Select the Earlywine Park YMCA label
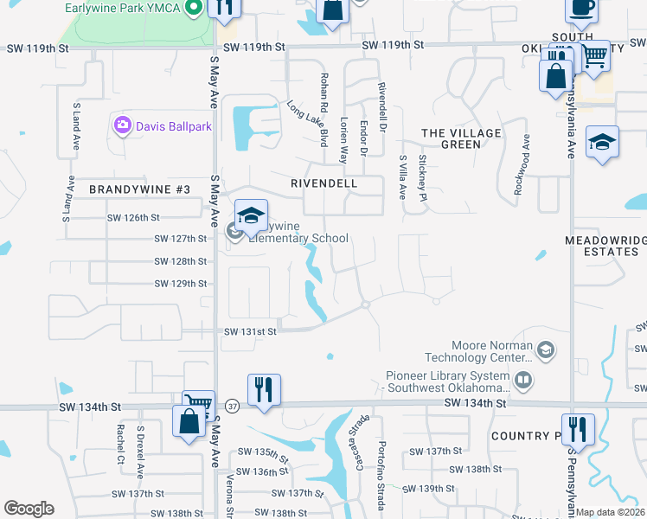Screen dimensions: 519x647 click(123, 9)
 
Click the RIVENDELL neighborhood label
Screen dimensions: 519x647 click(336, 184)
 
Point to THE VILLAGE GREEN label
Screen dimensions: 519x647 click(461, 138)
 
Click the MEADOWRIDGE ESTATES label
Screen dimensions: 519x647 click(605, 245)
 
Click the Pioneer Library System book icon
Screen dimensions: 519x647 click(522, 379)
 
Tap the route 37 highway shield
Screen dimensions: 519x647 click(232, 406)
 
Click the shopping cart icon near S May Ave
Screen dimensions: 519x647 click(199, 403)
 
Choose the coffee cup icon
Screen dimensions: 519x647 click(582, 9)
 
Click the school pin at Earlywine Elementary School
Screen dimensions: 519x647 click(251, 216)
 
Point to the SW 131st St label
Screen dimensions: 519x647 click(251, 331)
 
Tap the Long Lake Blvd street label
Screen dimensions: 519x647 click(309, 123)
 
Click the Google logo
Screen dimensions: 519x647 click(29, 509)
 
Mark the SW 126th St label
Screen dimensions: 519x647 click(133, 217)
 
